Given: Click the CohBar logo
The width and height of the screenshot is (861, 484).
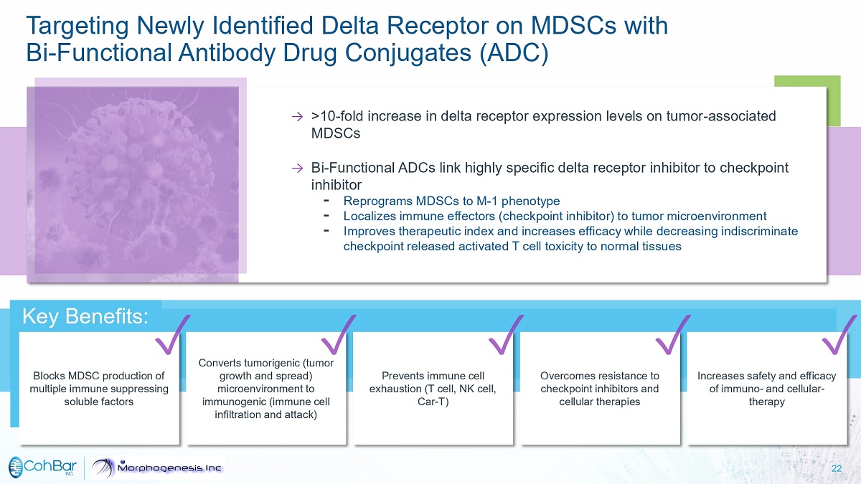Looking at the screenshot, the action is [x=42, y=467].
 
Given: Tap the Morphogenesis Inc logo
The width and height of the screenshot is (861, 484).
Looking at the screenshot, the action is [x=158, y=468].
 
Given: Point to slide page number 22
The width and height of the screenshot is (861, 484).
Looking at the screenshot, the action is [x=837, y=468].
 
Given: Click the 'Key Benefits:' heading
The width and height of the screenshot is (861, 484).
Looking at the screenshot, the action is [x=85, y=316].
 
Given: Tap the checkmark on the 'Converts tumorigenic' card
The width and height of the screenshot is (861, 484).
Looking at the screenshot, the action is [x=339, y=335].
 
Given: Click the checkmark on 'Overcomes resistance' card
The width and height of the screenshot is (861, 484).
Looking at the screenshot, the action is [x=673, y=335].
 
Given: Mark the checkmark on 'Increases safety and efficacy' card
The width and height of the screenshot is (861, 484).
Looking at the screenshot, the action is [x=839, y=335].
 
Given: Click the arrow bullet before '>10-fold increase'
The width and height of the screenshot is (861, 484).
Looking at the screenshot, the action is [x=297, y=116].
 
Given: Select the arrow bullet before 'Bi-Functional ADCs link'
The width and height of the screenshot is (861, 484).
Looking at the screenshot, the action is [x=297, y=168].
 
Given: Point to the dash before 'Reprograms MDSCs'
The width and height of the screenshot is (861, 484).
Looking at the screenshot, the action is [x=326, y=201].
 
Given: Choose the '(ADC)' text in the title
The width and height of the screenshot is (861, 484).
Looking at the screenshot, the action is [x=514, y=52].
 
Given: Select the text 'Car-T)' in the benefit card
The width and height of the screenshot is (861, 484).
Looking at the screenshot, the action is [x=433, y=402].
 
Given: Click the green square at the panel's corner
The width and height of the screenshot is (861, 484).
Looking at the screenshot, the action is [x=807, y=100].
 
